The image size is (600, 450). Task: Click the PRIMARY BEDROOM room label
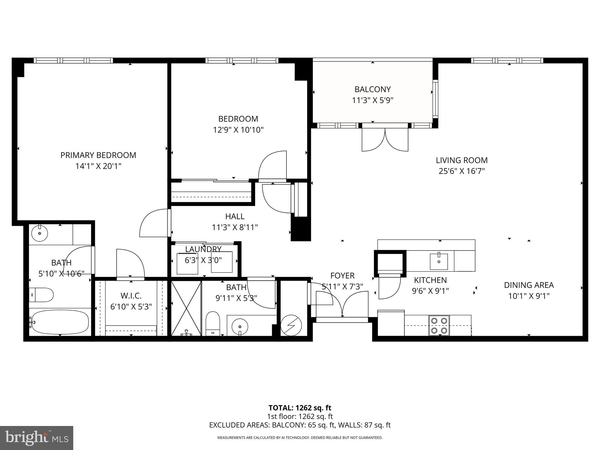[x=98, y=155]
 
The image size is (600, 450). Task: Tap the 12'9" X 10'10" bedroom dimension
[x=238, y=130]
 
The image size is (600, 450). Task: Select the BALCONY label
[x=372, y=89]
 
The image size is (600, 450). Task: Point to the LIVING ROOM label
[x=461, y=160]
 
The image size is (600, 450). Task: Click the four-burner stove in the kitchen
[x=439, y=325]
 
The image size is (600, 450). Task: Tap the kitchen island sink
[x=439, y=261]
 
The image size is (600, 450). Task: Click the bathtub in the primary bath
[x=60, y=322]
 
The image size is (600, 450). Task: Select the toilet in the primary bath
[x=42, y=295]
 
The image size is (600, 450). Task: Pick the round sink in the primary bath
[x=39, y=233]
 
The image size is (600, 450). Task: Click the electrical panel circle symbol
[x=291, y=325]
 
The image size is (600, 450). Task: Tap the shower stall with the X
[x=186, y=308]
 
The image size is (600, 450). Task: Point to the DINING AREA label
[x=529, y=285]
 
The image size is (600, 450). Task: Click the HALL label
[x=235, y=216]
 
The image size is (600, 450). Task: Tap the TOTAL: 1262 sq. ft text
[x=300, y=408]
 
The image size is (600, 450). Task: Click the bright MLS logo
[x=37, y=438]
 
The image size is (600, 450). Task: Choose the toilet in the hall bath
[x=213, y=323]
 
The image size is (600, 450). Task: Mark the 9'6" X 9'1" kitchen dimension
[x=430, y=291]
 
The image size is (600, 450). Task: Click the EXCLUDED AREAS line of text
[x=300, y=425]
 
